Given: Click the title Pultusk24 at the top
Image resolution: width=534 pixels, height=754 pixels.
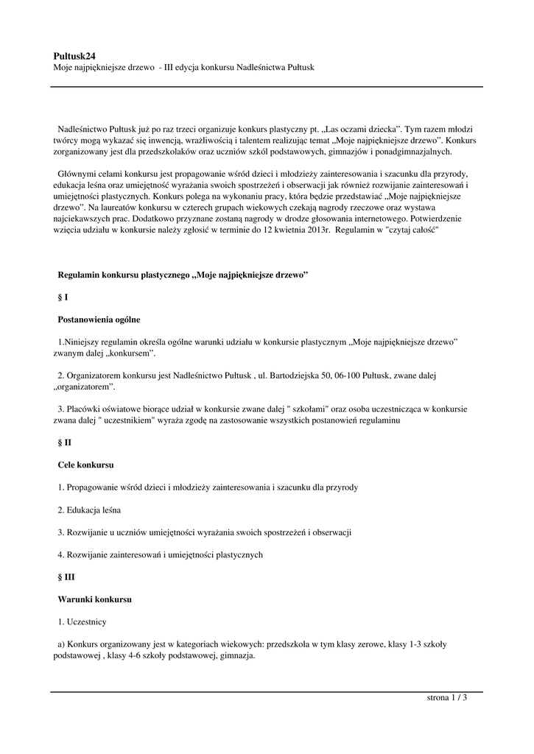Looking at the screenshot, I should [x=74, y=55].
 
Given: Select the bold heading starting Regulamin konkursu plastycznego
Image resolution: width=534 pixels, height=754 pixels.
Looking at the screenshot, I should [x=183, y=275].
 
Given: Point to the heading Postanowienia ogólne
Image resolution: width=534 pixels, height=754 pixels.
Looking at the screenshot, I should [x=99, y=320].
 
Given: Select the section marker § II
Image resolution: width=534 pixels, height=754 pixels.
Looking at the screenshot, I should [x=64, y=443].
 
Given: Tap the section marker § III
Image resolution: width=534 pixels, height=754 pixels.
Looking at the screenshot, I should [x=66, y=577].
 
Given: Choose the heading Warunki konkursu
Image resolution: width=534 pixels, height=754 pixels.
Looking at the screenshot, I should [x=94, y=599].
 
